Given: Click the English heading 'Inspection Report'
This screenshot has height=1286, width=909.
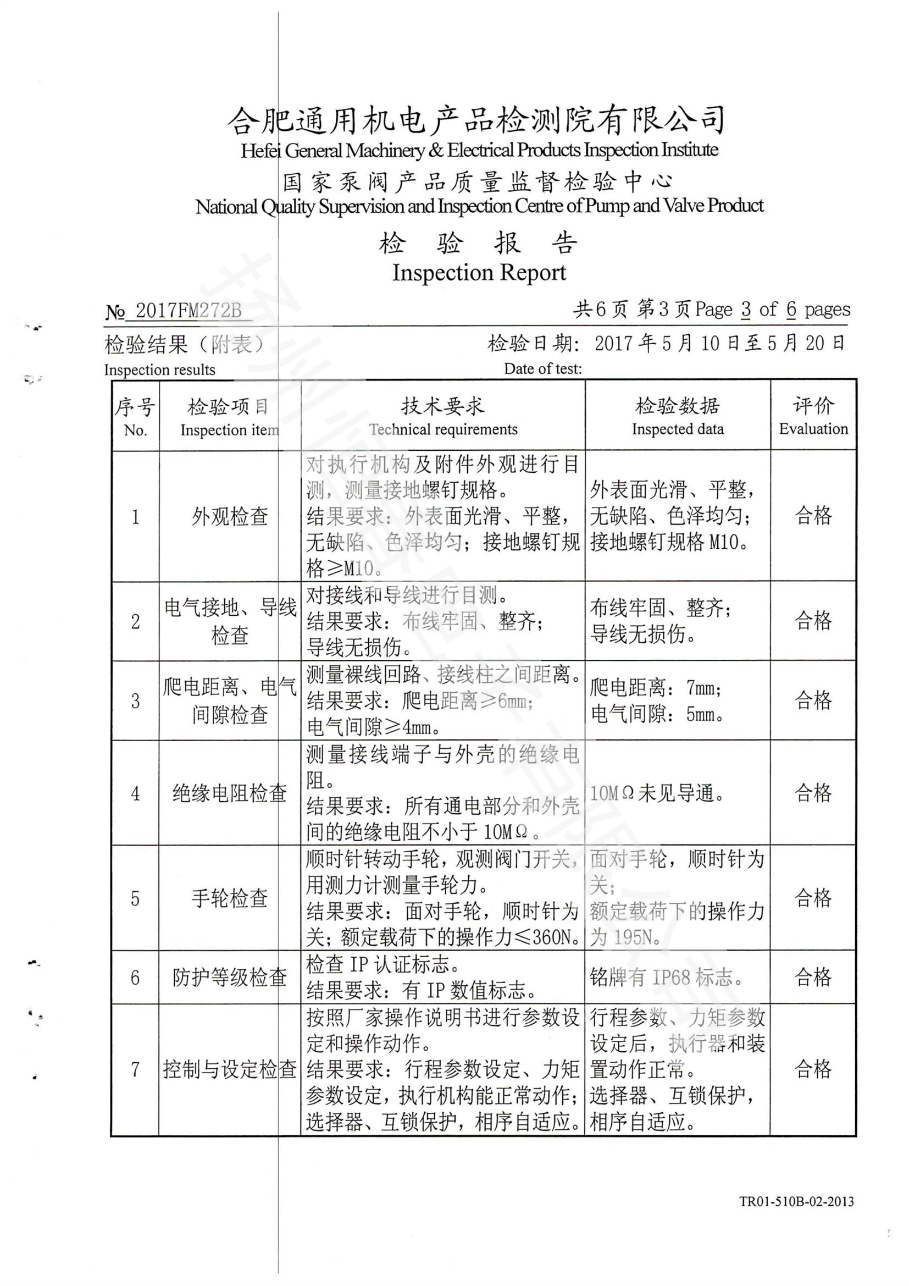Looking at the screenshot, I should [x=479, y=273].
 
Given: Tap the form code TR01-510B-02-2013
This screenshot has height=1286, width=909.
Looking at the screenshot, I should [x=796, y=1216].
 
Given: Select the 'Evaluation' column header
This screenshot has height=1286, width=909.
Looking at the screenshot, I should [x=813, y=429].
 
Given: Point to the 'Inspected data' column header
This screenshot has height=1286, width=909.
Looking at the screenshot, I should [x=677, y=429].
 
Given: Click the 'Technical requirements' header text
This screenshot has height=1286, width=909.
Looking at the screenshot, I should [x=443, y=429].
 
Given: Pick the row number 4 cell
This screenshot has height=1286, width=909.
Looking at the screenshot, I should [x=135, y=793].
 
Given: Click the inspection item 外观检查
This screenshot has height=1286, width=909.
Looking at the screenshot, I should [x=230, y=516].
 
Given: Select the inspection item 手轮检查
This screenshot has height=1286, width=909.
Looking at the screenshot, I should [x=230, y=898].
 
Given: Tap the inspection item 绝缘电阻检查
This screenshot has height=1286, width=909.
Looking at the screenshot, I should [x=230, y=793].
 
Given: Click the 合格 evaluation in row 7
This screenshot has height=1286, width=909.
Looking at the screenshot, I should [x=813, y=1069].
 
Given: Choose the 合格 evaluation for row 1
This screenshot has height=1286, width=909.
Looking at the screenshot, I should [x=813, y=515].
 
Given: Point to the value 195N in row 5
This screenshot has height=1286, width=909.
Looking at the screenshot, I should [x=633, y=937].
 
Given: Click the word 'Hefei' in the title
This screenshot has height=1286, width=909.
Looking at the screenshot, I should [x=260, y=151].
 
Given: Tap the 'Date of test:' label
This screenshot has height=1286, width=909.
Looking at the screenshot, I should [x=542, y=368].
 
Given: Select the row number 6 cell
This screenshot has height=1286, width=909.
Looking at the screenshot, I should [x=135, y=978].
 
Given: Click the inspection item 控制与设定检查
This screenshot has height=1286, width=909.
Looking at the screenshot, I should [x=230, y=1069].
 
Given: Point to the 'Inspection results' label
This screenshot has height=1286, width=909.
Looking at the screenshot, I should [x=159, y=369].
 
